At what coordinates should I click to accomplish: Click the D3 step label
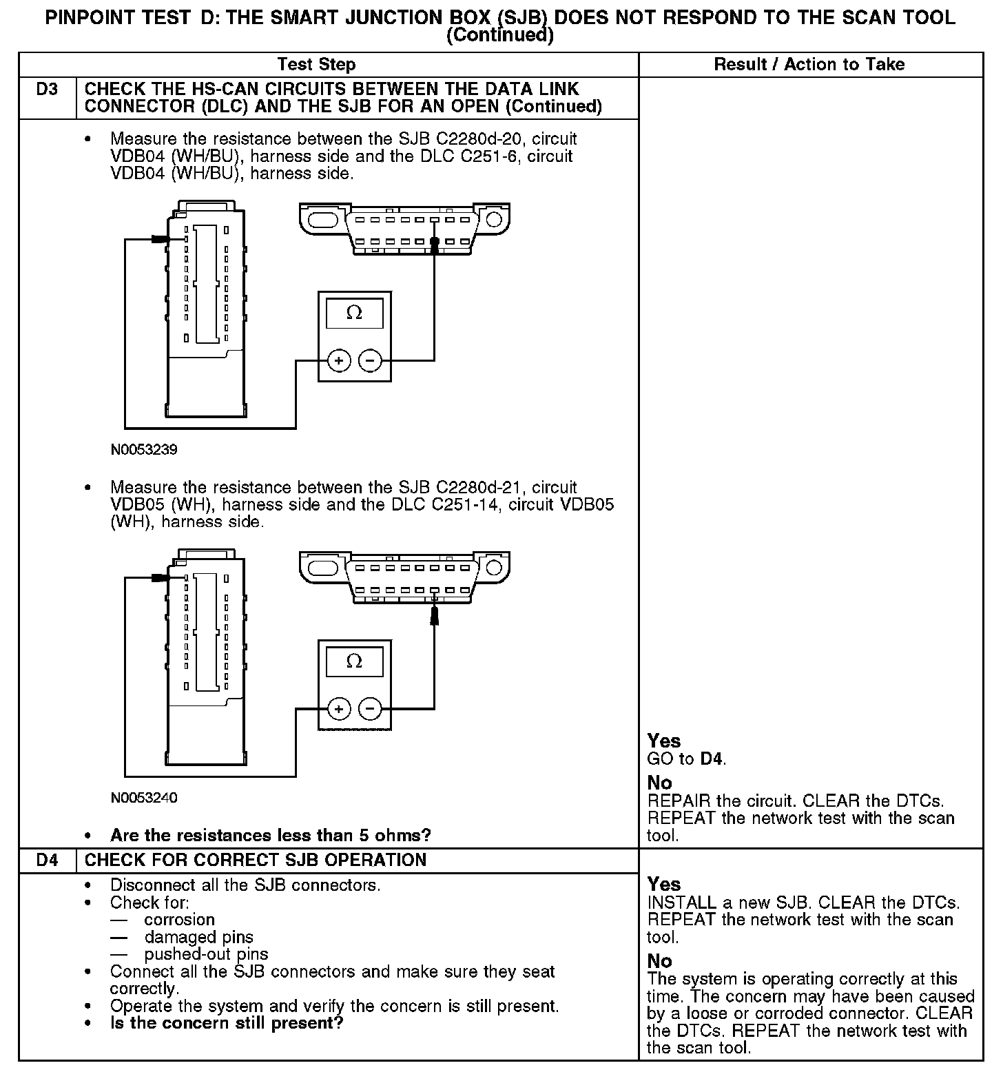point(46,90)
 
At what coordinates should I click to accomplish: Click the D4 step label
point(46,860)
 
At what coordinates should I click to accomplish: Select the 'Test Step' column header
point(316,65)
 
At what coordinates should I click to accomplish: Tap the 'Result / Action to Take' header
point(809,65)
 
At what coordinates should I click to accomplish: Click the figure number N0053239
point(144,450)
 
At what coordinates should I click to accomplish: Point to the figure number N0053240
point(144,798)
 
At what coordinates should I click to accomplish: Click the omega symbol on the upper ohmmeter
point(354,313)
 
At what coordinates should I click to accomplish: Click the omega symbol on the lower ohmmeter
point(354,661)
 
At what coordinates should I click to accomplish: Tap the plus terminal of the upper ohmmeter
point(338,360)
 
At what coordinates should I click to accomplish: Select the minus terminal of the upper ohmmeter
point(371,360)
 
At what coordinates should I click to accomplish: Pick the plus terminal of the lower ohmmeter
point(338,708)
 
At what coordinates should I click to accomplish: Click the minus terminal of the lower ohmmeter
point(371,708)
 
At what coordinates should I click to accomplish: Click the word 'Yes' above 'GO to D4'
point(664,741)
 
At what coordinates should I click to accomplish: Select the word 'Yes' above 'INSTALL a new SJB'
point(664,885)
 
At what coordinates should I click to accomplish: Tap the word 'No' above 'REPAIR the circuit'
point(660,783)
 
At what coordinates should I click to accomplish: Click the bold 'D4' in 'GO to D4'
point(712,759)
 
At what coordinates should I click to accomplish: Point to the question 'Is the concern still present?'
point(227,1023)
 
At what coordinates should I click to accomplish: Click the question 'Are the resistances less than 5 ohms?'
point(271,836)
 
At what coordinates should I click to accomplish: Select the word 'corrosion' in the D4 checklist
point(180,920)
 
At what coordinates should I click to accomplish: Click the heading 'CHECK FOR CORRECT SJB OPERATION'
point(256,860)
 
